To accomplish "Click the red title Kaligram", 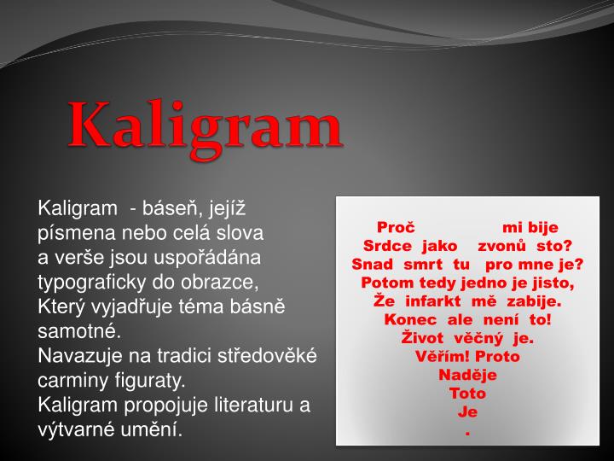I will pos(206,125).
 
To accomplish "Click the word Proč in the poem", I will pos(396,227).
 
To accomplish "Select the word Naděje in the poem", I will pos(467,375).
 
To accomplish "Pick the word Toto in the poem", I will pos(467,394).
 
